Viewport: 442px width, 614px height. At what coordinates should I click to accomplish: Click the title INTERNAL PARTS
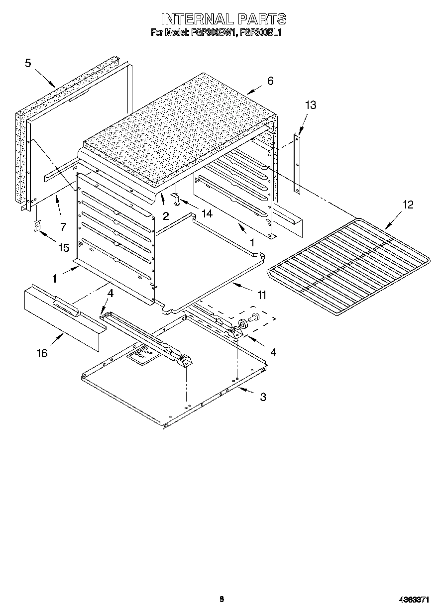click(223, 19)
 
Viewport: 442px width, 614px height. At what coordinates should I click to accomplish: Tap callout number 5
click(28, 63)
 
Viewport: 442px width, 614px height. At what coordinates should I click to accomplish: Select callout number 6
click(270, 81)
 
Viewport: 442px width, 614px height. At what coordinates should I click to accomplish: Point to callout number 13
click(311, 105)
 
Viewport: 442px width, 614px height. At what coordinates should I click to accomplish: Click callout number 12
click(408, 205)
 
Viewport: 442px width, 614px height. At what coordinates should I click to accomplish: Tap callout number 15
click(64, 247)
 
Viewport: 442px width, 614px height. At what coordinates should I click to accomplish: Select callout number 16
click(42, 353)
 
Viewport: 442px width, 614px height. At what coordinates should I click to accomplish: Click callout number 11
click(261, 295)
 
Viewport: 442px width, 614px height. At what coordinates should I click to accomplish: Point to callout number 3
click(263, 397)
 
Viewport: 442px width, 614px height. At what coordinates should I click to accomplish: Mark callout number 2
click(166, 215)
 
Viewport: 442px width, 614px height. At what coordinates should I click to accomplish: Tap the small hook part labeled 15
click(36, 226)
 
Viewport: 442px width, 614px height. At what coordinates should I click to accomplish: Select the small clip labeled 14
click(175, 199)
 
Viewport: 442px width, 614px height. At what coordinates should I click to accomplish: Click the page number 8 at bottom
click(221, 599)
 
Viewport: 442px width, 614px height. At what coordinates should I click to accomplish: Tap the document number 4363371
click(414, 600)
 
